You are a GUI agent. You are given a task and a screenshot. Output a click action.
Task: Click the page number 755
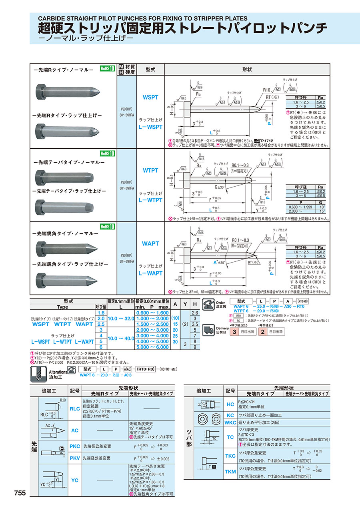tap(20, 493)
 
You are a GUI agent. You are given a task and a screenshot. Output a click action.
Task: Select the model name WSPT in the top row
tap(150, 97)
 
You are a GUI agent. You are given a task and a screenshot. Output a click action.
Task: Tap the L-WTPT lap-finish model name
tap(150, 200)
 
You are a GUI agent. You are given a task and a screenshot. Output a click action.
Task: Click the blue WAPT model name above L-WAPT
tap(150, 243)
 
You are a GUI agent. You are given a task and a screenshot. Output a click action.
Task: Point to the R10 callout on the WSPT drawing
tap(267, 90)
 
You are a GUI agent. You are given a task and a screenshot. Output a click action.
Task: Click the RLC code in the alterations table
tap(75, 409)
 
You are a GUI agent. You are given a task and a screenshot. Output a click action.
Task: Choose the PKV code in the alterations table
tap(75, 458)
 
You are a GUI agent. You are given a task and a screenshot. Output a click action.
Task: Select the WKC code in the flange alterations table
tap(230, 422)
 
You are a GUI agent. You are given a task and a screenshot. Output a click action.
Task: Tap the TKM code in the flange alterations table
tap(230, 472)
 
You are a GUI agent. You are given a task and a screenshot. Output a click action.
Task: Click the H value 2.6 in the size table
tap(195, 312)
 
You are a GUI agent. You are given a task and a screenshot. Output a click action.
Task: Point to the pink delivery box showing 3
tap(237, 332)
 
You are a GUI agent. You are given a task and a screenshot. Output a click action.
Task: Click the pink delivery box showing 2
tap(262, 332)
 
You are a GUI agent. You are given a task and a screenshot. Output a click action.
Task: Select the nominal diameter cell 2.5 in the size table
tap(101, 324)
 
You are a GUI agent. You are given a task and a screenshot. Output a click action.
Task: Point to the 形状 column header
tap(247, 69)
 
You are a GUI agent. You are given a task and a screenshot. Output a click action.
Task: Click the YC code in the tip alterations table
tap(75, 480)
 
